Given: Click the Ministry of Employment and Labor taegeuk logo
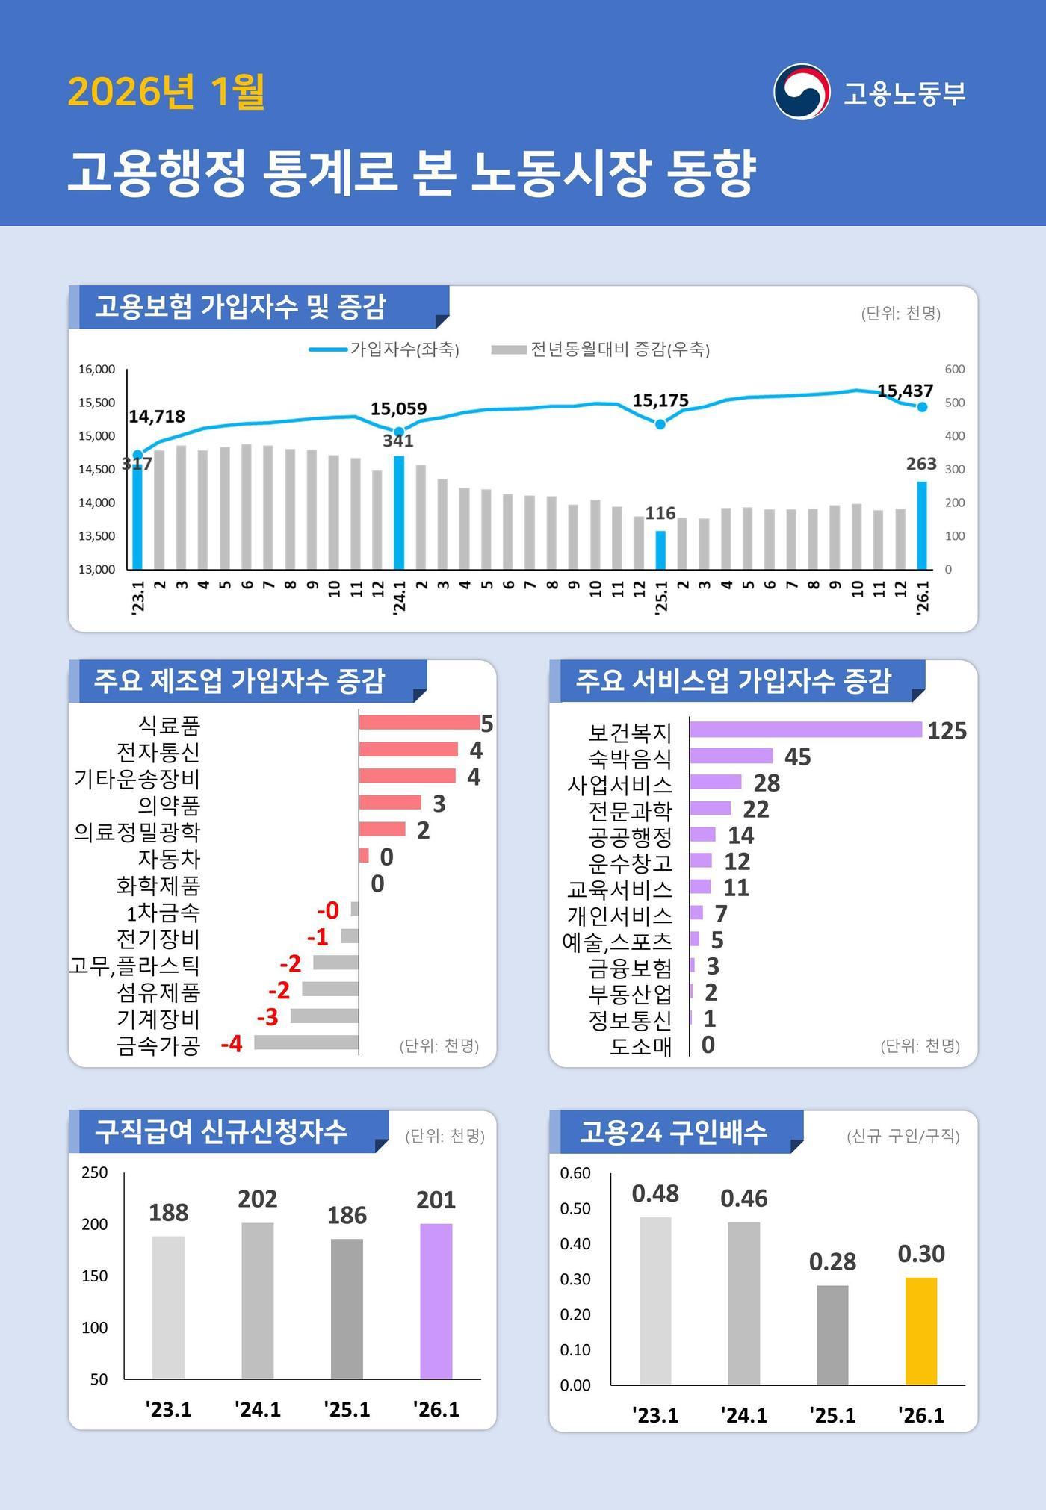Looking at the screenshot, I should click(x=801, y=92).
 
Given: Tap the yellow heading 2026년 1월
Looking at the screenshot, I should click(x=166, y=92).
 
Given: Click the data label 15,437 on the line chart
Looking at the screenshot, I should click(x=905, y=391).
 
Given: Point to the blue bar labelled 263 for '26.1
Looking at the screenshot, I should click(x=922, y=525).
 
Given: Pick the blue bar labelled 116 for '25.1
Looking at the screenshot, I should click(x=660, y=550).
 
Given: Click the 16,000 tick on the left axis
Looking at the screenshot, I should click(x=97, y=369).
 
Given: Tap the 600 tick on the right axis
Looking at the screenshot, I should click(x=954, y=369).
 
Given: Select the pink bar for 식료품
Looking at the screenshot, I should click(x=419, y=722).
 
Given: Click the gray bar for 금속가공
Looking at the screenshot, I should click(x=306, y=1043).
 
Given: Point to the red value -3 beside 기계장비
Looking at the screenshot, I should click(x=267, y=1016).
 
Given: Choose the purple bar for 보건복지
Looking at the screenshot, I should click(x=805, y=730).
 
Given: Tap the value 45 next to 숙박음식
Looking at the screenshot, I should click(x=797, y=757).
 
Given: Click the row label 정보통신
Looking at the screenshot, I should click(x=630, y=1019).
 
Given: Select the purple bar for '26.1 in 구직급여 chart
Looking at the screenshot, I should click(x=436, y=1301).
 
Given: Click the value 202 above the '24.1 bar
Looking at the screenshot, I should click(x=258, y=1199).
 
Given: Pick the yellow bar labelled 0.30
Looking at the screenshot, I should click(x=920, y=1331).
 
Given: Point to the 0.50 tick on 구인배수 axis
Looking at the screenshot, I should click(x=575, y=1208).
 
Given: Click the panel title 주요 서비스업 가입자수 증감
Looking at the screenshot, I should click(x=733, y=680).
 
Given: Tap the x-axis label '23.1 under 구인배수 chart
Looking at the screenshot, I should click(x=655, y=1415).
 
